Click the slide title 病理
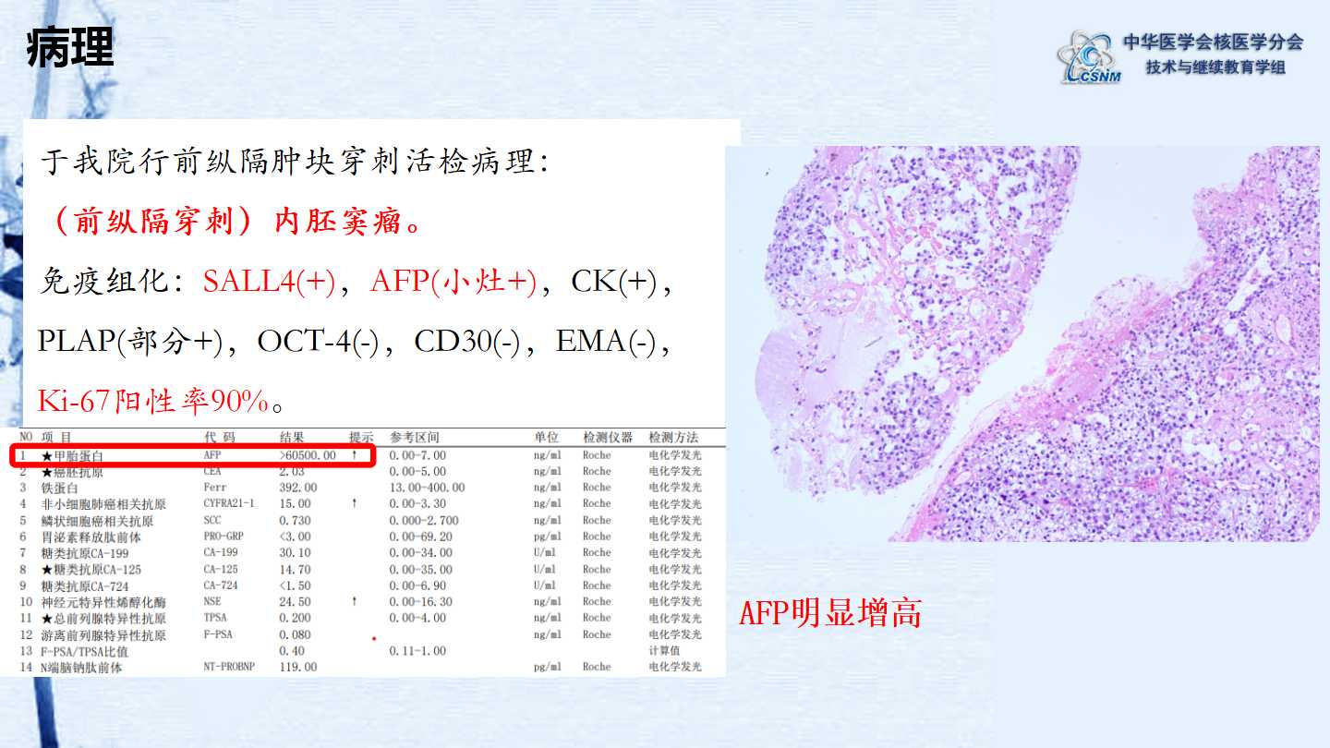pos(70,46)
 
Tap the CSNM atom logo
pos(1089,58)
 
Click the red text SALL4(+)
pos(269,282)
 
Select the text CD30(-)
pos(466,342)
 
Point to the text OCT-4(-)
pos(318,342)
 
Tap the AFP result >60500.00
pos(308,455)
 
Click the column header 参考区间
pos(415,438)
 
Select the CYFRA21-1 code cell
pos(229,503)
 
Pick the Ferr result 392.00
pos(298,488)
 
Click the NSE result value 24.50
pos(296,601)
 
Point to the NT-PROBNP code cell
pos(229,667)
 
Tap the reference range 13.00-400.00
pos(427,488)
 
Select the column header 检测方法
pos(673,438)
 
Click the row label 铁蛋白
pos(59,488)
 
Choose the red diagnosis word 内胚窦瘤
pos(338,222)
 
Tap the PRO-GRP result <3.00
pos(296,536)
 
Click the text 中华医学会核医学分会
pos(1213,42)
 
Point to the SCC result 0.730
pos(296,520)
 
